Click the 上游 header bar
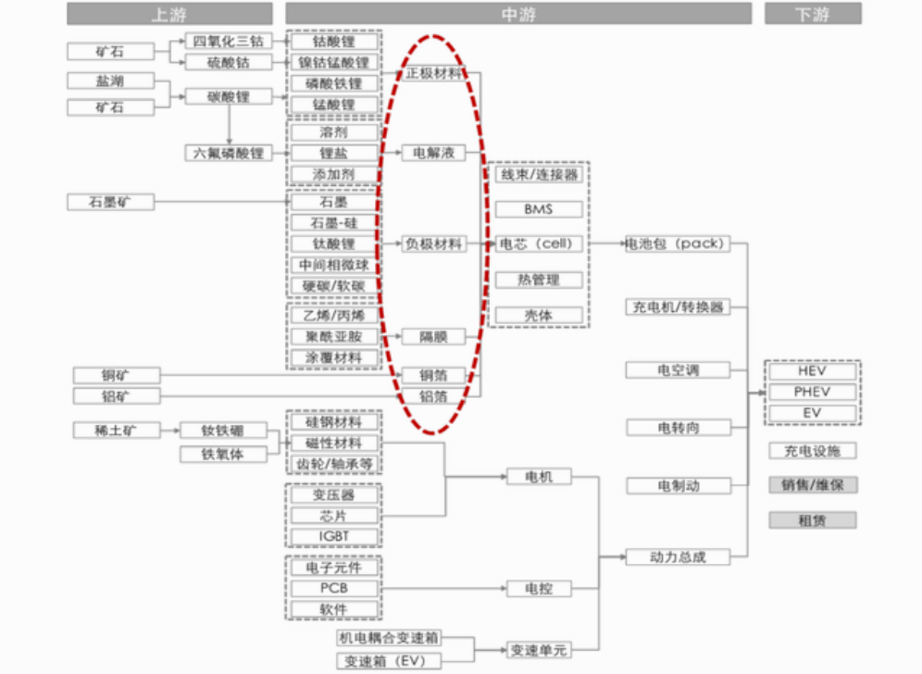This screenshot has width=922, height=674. (x=169, y=14)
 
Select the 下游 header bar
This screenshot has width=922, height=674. (x=812, y=14)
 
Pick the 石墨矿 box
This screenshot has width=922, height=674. (x=110, y=202)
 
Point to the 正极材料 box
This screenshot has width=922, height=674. (x=433, y=73)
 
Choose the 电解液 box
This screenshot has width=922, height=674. (x=433, y=153)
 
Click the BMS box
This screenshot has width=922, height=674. (x=539, y=209)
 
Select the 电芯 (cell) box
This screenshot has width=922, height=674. (x=539, y=244)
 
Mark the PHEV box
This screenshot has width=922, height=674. (x=812, y=392)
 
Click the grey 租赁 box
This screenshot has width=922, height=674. (x=812, y=520)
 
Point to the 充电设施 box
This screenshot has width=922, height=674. (x=812, y=452)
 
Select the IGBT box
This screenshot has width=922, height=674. (x=334, y=536)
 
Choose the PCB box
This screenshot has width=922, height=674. (x=334, y=589)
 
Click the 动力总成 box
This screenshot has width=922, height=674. (x=677, y=557)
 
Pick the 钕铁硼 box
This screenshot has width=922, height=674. (x=223, y=431)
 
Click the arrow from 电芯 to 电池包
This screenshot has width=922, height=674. (x=604, y=244)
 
